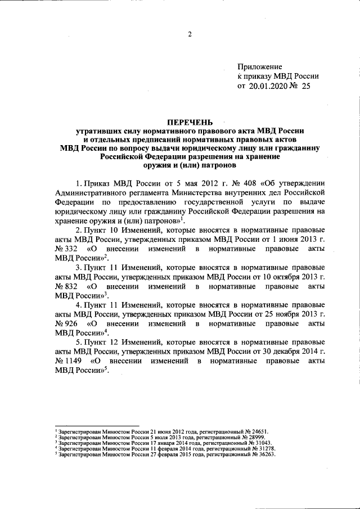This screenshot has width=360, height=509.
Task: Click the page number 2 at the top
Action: [190, 34]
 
